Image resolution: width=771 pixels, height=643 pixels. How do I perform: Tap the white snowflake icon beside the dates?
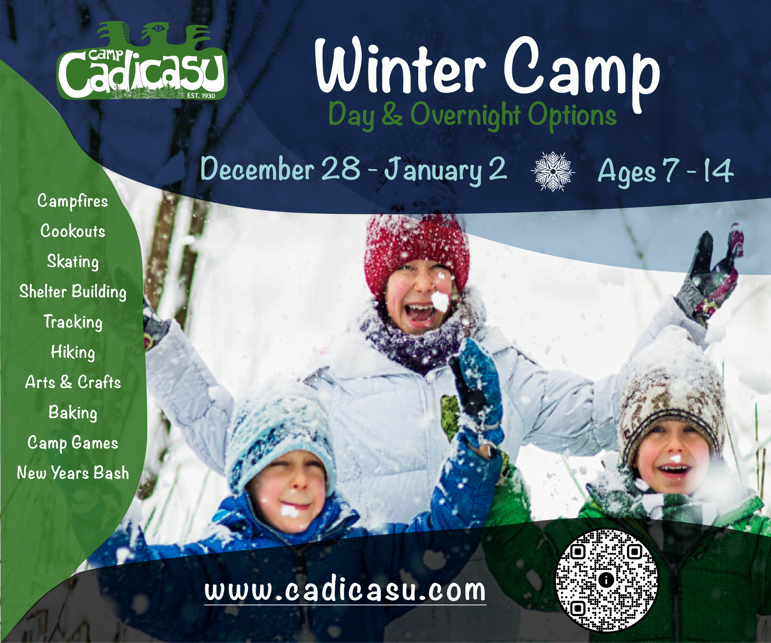click(x=553, y=171)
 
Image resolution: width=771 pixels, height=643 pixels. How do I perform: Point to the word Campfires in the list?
click(x=73, y=201)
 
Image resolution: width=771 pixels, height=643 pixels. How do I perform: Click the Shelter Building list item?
click(x=73, y=292)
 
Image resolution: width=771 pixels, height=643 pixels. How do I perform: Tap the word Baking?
click(x=73, y=413)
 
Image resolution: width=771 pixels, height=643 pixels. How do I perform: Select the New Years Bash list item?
click(x=73, y=473)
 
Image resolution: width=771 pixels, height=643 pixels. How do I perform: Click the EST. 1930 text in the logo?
click(x=201, y=95)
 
